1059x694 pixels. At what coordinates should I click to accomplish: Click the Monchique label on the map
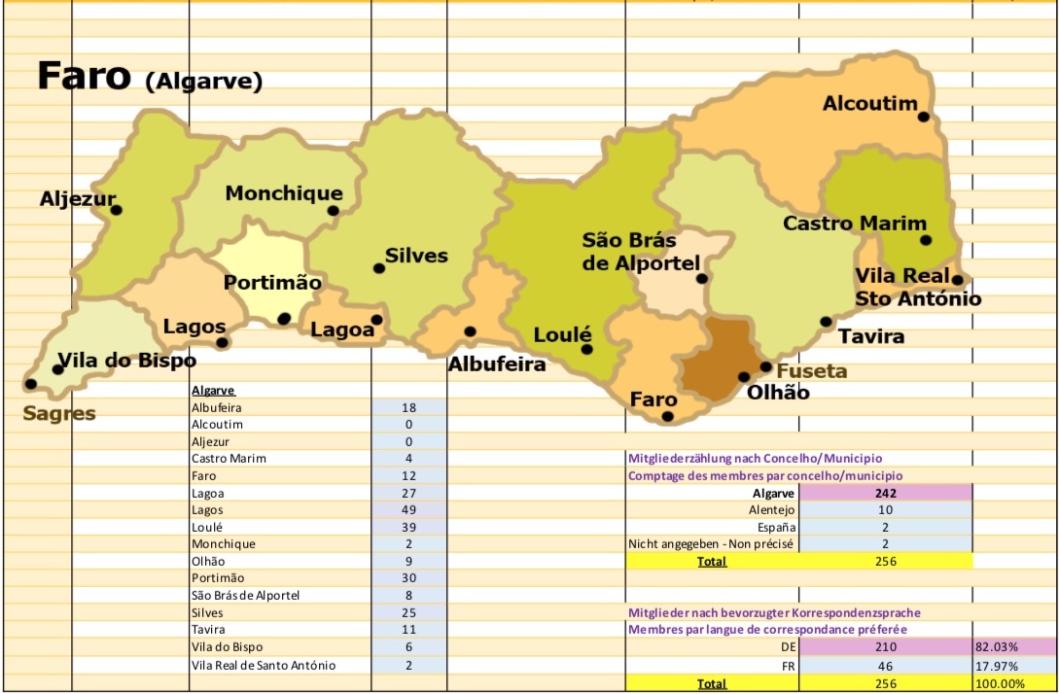coord(284,193)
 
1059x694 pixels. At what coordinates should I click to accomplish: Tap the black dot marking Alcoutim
coord(924,117)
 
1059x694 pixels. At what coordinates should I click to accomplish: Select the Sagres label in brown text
coord(59,413)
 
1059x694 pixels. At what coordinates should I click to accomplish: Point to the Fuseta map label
coord(812,371)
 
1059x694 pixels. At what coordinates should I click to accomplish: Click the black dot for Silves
coord(379,268)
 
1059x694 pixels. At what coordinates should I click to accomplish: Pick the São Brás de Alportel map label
coord(641,252)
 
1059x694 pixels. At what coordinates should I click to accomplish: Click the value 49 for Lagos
coord(408,510)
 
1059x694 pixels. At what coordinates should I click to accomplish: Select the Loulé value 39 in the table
coord(408,527)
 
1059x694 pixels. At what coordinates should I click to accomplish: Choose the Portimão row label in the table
coord(217,578)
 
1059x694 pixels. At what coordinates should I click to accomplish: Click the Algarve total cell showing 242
coord(885,493)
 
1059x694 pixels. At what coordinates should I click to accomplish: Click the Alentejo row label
coord(772,510)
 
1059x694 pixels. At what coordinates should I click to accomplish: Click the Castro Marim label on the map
coord(855,224)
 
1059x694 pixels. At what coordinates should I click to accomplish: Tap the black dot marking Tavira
coord(826,322)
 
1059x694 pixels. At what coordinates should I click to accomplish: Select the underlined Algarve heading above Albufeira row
coord(213,391)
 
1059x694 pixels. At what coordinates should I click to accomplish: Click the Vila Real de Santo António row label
coord(264,665)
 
